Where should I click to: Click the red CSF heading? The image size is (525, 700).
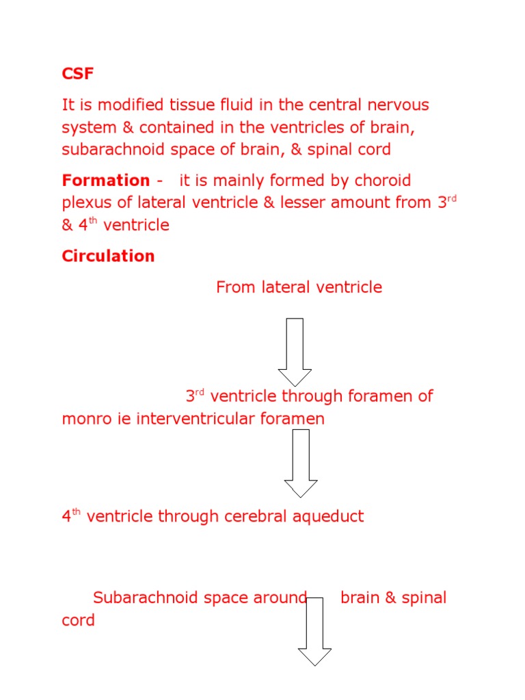pyautogui.click(x=77, y=74)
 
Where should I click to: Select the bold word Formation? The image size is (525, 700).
pyautogui.click(x=106, y=180)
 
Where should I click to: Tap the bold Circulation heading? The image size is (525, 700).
pyautogui.click(x=108, y=256)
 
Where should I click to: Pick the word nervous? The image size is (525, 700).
pyautogui.click(x=397, y=105)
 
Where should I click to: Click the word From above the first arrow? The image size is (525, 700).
pyautogui.click(x=236, y=287)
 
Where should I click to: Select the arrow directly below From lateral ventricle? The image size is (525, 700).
pyautogui.click(x=295, y=352)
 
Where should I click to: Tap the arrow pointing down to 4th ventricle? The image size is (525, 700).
pyautogui.click(x=301, y=463)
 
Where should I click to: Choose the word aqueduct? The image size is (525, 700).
pyautogui.click(x=329, y=516)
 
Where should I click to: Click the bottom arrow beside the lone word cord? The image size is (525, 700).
pyautogui.click(x=314, y=631)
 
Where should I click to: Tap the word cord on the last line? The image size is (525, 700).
pyautogui.click(x=78, y=621)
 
